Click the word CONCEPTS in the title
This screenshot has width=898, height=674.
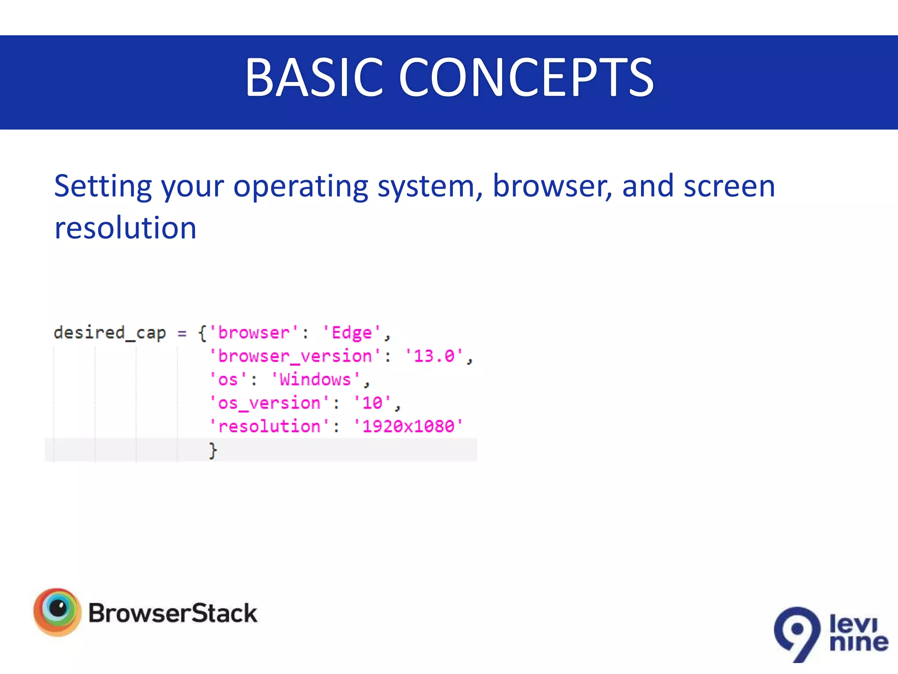tap(526, 78)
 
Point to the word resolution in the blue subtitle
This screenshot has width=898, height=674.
tap(125, 228)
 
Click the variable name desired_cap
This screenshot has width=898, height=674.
tap(110, 333)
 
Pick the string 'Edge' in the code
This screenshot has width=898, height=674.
tap(352, 333)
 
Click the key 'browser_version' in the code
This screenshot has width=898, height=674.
tap(295, 356)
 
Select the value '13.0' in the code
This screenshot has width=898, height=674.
tap(434, 356)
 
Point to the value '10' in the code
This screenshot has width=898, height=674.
tap(372, 403)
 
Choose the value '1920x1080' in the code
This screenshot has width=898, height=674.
tap(408, 426)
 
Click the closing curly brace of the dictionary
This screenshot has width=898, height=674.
tap(213, 450)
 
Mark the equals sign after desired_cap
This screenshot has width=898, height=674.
tap(182, 333)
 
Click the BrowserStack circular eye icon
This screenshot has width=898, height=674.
tap(57, 612)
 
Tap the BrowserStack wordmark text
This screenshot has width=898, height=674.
tap(173, 613)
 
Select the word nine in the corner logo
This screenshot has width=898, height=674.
tap(859, 642)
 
